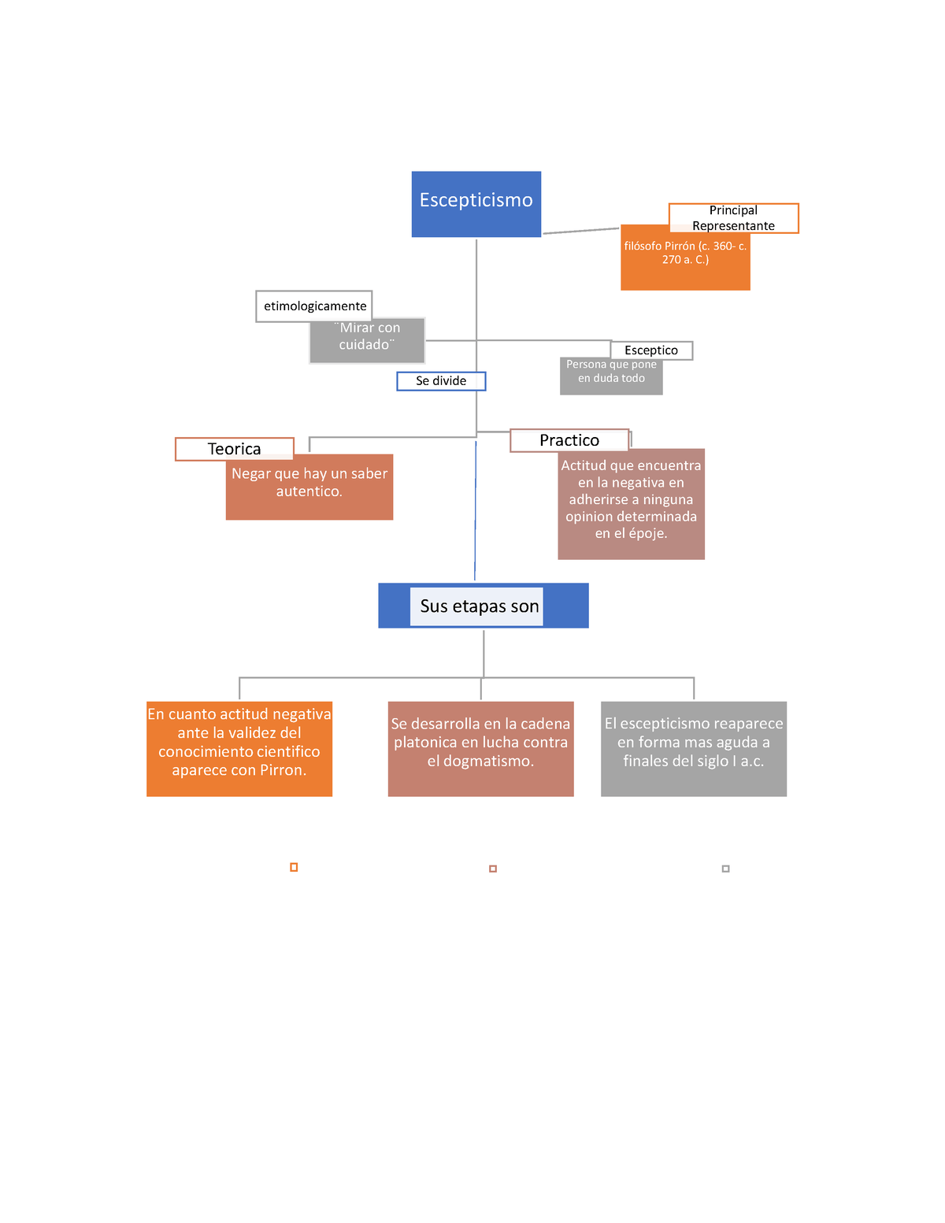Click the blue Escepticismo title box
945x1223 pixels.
pos(476,204)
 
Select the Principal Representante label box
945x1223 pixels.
pos(733,218)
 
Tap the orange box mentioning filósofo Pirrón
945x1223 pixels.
pos(685,261)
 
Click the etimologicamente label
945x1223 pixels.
pos(314,306)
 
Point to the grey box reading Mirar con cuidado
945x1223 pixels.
pos(367,340)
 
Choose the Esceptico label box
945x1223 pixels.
pos(651,350)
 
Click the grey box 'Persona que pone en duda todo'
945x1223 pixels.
pos(611,376)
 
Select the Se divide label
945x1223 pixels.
pos(441,381)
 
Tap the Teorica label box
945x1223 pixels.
pos(234,449)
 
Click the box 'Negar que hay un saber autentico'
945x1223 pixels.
pos(309,487)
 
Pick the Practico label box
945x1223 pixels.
pos(569,440)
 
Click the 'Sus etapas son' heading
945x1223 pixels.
pos(480,606)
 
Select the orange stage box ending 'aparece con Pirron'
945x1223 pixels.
pos(239,749)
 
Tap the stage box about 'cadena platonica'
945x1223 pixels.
pos(480,749)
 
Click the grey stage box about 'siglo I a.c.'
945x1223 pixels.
pos(694,749)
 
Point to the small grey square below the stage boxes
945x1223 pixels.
pos(725,869)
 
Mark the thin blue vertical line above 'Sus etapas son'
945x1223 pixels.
pos(475,510)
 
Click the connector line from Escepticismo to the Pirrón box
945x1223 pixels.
pos(581,230)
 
